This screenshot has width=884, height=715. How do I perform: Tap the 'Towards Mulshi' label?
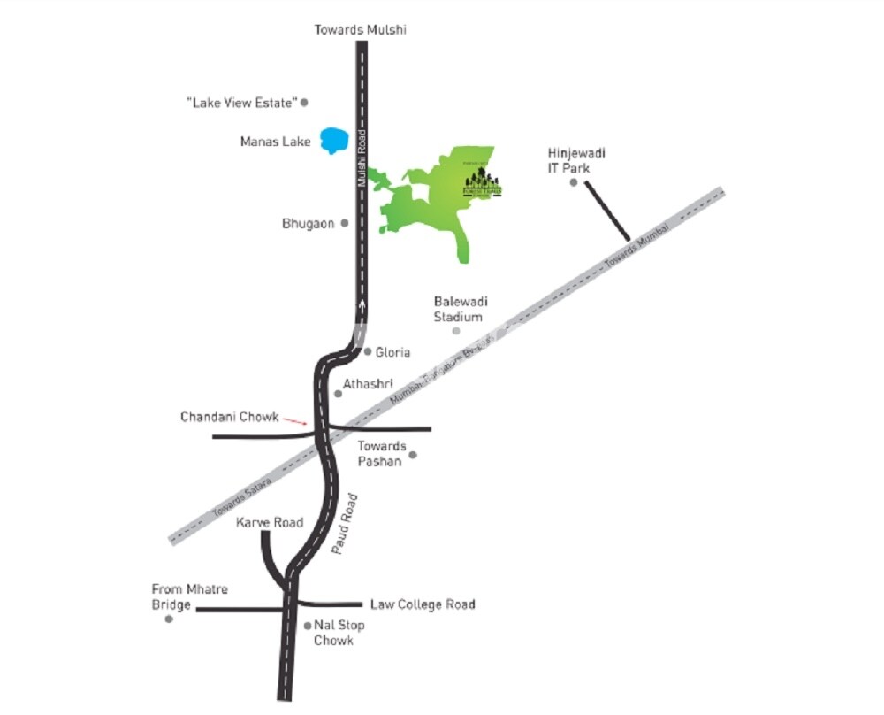pos(361,30)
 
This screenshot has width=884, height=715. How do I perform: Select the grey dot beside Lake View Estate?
pos(304,103)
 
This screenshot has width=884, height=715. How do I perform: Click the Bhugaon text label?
pos(308,224)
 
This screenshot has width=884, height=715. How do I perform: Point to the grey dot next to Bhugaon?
pos(345,223)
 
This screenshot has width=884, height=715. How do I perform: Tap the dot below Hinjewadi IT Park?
pos(573,183)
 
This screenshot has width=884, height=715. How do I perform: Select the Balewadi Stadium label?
pos(459,310)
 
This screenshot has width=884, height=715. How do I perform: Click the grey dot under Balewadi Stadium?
pos(456,331)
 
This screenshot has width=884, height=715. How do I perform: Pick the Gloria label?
pos(392,352)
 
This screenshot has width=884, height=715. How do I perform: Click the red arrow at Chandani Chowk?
pos(295,421)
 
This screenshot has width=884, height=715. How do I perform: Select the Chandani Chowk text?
pos(229,417)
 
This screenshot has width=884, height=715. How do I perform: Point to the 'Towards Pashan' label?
pos(381,453)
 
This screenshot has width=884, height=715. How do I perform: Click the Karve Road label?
pos(270,523)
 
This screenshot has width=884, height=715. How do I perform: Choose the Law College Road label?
pos(423,605)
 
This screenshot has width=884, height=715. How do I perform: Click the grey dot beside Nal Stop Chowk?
pos(307,626)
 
